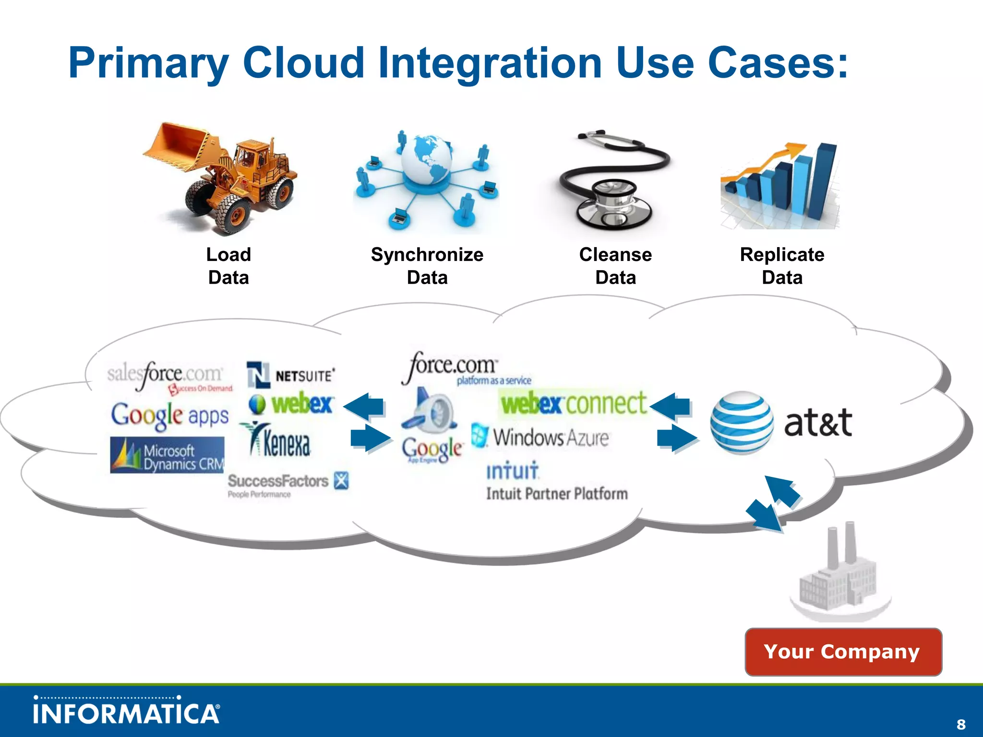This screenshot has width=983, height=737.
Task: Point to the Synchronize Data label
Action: (x=427, y=266)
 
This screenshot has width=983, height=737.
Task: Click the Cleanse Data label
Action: (x=615, y=266)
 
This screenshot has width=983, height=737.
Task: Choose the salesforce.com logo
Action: (x=168, y=376)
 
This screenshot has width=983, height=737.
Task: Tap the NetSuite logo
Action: (x=291, y=375)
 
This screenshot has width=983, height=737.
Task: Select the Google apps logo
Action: (x=170, y=416)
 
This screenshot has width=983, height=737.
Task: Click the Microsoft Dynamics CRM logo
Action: (x=167, y=455)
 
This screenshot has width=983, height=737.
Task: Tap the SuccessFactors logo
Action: (x=287, y=484)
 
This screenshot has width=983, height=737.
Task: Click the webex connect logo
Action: (x=574, y=403)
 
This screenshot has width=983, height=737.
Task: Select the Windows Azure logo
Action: (x=540, y=437)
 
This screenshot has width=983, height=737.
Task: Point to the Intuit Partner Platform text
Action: (x=557, y=494)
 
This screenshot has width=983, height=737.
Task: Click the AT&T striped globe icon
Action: (x=742, y=422)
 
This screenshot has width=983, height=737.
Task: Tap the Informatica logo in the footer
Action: (x=127, y=712)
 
